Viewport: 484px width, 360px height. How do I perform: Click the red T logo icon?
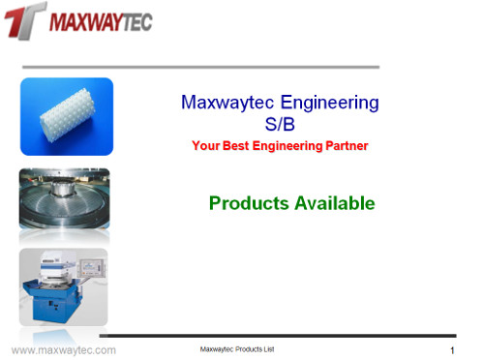[23, 20]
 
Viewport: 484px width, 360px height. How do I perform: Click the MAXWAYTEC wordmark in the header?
[100, 21]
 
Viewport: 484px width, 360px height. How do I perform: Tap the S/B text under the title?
[280, 124]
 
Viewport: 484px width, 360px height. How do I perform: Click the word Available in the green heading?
[332, 203]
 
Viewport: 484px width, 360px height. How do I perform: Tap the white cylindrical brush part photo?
[66, 116]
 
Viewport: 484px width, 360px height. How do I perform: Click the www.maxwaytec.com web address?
[63, 349]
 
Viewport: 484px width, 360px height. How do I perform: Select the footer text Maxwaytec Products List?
[236, 348]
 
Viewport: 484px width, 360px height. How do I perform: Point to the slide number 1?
[452, 349]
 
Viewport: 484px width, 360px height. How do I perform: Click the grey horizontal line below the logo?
[199, 67]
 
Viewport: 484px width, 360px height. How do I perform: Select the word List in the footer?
[268, 348]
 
